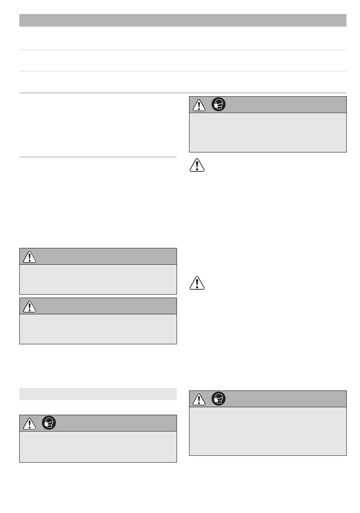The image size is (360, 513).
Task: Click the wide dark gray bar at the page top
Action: click(183, 20)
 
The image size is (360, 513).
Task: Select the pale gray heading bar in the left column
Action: click(98, 394)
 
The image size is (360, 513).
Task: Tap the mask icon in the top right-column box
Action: click(219, 105)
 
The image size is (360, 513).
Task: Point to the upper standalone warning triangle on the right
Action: click(197, 165)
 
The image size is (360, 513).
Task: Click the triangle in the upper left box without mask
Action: click(29, 257)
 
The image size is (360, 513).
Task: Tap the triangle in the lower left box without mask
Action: click(29, 306)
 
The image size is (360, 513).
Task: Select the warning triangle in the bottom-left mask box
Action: click(29, 424)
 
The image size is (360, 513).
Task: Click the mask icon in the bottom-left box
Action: click(49, 423)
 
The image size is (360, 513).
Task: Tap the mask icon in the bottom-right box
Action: click(219, 399)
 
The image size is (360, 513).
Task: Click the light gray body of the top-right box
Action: click(268, 132)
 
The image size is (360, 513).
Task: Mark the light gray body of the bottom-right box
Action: click(268, 431)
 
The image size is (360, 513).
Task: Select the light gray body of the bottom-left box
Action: click(98, 446)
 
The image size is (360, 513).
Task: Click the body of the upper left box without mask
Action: click(98, 279)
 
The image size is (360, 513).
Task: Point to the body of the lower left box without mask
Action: click(98, 329)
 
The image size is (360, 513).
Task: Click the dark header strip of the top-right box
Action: click(284, 105)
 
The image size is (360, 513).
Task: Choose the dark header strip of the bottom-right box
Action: click(284, 399)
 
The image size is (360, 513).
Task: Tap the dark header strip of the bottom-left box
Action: click(114, 423)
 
